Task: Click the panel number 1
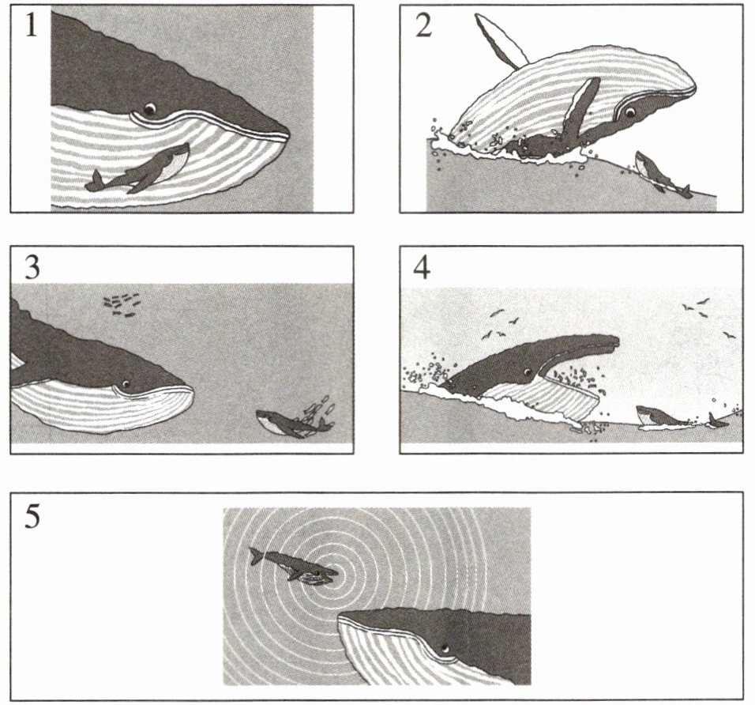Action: click(x=31, y=27)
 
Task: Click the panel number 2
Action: click(x=423, y=27)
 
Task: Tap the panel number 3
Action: click(x=32, y=267)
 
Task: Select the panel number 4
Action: click(x=422, y=267)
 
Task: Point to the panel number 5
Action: click(x=32, y=516)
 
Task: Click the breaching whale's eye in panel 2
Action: click(x=629, y=113)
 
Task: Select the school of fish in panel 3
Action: click(x=122, y=304)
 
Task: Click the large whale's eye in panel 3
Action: click(x=126, y=384)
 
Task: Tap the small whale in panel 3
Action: click(x=295, y=421)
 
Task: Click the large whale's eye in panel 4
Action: click(x=528, y=372)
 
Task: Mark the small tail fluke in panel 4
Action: click(x=718, y=420)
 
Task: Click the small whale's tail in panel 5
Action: click(x=257, y=556)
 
